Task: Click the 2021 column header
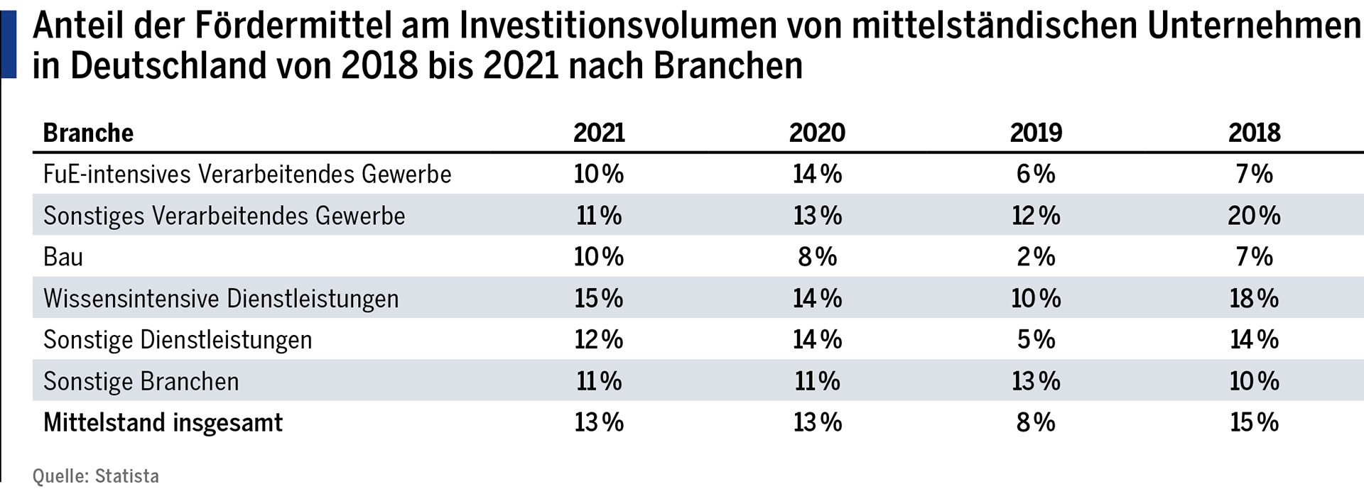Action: pos(599,133)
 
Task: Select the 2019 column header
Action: pos(1036,133)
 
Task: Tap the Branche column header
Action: pos(88,133)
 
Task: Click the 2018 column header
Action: pos(1254,133)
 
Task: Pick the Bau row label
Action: pos(63,257)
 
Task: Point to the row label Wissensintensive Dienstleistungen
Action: pos(221,298)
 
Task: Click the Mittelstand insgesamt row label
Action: pos(163,423)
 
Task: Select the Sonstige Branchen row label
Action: pos(141,382)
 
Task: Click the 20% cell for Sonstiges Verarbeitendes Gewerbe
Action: pos(1254,216)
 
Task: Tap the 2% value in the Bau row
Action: pos(1036,257)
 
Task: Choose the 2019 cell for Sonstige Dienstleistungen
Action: pos(1036,340)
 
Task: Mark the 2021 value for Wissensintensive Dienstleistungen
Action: pos(599,298)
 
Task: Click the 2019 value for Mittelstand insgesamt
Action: pos(1036,423)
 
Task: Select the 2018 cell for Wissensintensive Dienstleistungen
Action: pos(1254,298)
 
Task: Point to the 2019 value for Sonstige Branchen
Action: pos(1036,382)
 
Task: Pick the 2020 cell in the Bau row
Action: pos(817,257)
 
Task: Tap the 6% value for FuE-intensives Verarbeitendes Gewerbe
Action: pos(1036,175)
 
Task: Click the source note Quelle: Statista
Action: pos(96,476)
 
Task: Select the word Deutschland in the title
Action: pos(168,66)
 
